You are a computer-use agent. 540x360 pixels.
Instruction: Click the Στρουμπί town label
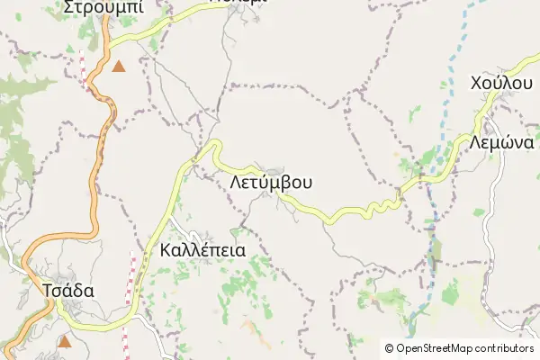(x=103, y=8)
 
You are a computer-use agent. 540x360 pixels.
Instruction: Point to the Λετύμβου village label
(x=271, y=182)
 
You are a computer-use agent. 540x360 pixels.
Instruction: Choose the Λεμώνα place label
(x=501, y=142)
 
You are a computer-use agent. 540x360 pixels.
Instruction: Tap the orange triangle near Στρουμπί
(x=119, y=66)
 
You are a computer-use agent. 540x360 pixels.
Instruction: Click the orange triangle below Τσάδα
(x=64, y=341)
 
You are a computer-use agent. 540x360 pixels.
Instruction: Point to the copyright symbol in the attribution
(x=389, y=348)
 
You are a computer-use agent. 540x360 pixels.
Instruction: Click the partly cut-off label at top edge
(x=238, y=3)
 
